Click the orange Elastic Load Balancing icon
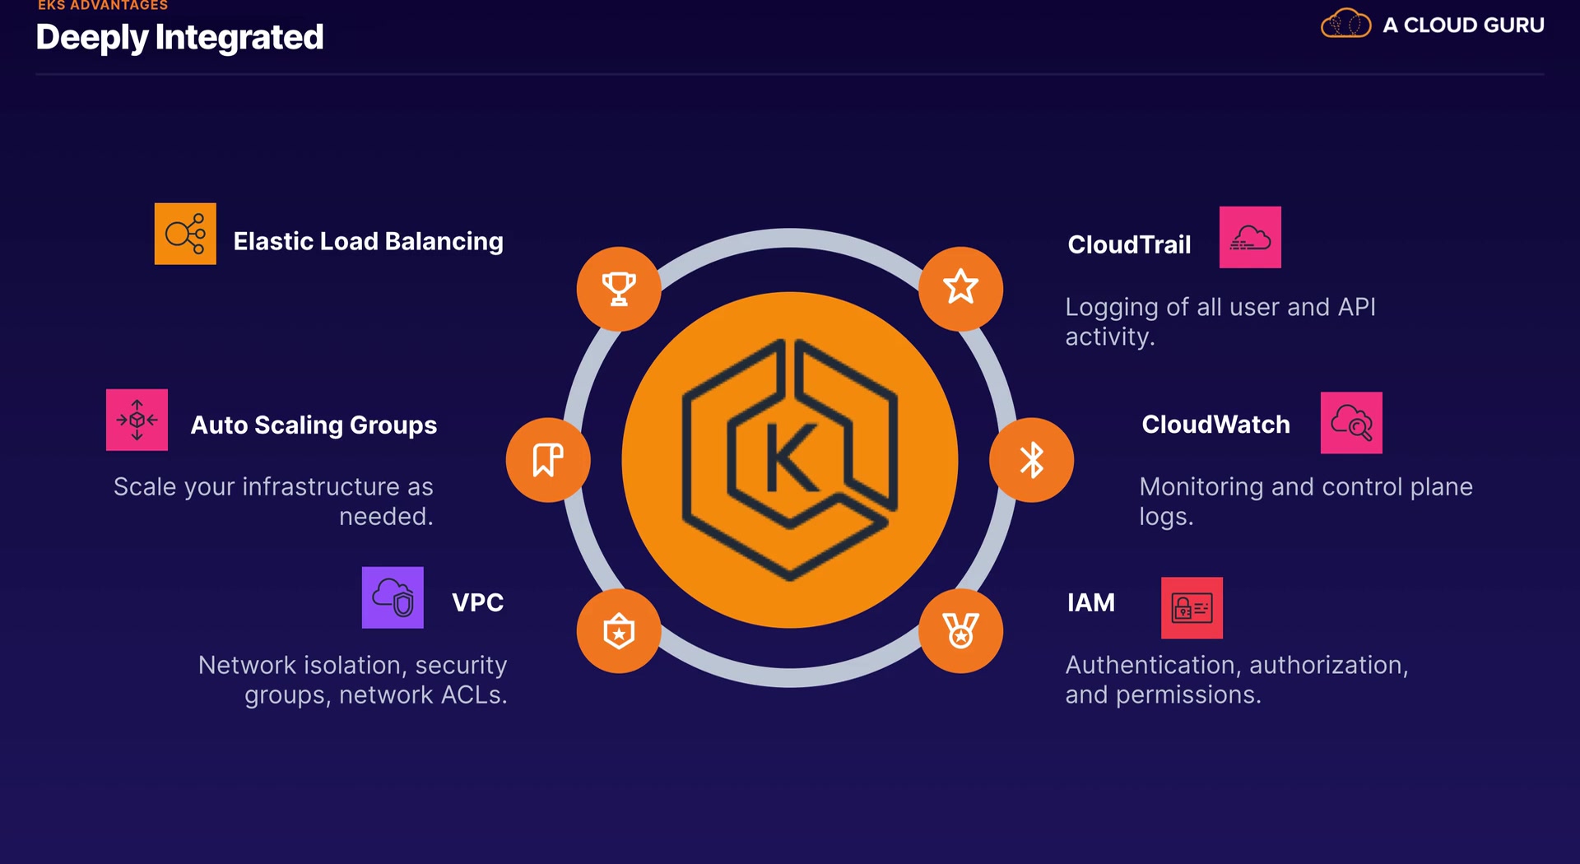[x=185, y=234]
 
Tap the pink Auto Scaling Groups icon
[x=137, y=420]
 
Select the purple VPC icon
[x=393, y=597]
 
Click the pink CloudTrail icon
[x=1250, y=237]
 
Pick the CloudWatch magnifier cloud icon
[x=1351, y=423]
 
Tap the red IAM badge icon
[x=1192, y=608]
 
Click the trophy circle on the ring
[x=619, y=289]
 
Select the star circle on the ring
[x=960, y=289]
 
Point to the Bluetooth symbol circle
[x=1031, y=460]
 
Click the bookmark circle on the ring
[x=548, y=460]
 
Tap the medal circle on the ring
[x=960, y=631]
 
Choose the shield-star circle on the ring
[x=619, y=631]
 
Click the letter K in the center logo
[x=791, y=458]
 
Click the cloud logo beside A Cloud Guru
[x=1345, y=24]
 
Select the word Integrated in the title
[x=239, y=38]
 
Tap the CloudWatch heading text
[x=1215, y=425]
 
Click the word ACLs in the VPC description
[x=474, y=695]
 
